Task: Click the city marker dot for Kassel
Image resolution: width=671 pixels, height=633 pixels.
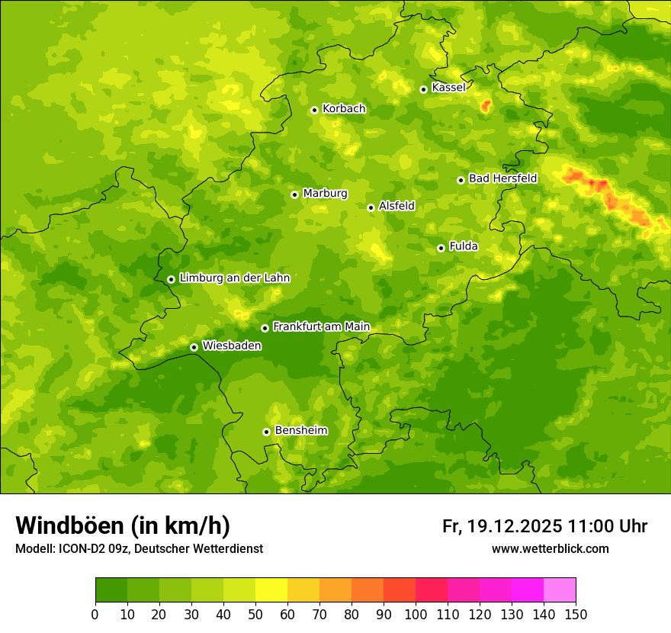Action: pos(423,89)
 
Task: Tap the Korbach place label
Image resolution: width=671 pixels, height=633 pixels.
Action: pos(344,109)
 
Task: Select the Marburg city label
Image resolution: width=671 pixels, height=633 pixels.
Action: pos(325,194)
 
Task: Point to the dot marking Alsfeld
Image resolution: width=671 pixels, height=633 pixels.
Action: pos(371,207)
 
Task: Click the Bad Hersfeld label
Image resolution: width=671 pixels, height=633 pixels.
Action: pos(502,179)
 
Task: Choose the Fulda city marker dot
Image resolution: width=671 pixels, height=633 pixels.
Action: pos(441,248)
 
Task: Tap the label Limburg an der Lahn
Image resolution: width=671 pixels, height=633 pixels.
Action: pos(234,278)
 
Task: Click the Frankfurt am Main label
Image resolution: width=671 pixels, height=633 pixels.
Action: pos(321,327)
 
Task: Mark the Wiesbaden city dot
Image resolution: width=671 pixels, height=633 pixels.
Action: pos(194,347)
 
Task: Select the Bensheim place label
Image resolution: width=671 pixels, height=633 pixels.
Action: pos(300,431)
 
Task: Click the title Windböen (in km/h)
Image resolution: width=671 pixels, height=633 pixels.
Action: pos(123,525)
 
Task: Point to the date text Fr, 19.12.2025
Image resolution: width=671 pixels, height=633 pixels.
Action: pos(502,526)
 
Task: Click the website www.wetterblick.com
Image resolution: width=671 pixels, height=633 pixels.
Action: pos(550,549)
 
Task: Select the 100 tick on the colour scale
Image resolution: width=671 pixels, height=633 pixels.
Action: pos(416,614)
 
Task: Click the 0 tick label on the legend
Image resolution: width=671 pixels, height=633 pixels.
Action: pos(95,614)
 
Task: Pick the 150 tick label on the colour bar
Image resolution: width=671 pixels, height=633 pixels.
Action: pos(576,614)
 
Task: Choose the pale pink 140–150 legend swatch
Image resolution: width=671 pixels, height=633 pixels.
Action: pos(560,590)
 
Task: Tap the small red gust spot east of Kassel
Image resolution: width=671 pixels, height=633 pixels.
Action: pos(486,106)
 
